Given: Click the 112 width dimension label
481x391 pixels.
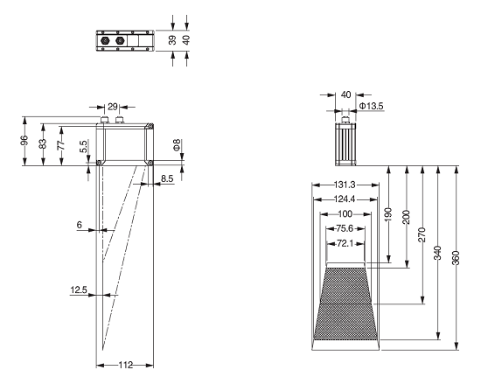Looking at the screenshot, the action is click(x=126, y=365).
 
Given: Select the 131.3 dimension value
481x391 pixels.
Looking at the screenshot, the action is click(x=345, y=185).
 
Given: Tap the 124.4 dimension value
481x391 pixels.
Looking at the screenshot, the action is click(x=345, y=199).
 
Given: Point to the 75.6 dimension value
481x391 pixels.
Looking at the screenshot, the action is click(x=345, y=228).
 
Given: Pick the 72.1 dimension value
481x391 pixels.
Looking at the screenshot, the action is click(x=345, y=244).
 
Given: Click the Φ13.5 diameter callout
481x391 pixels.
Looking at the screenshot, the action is click(x=371, y=106).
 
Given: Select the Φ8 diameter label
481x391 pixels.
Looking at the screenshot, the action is click(x=177, y=145).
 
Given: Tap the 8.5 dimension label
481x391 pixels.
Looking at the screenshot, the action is click(x=167, y=178).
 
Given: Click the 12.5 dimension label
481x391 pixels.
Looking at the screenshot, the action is click(x=79, y=290).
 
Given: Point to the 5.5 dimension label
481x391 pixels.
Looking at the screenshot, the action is click(x=83, y=146).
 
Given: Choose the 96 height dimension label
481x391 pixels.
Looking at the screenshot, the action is click(x=24, y=141).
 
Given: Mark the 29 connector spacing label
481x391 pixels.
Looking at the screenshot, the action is click(x=113, y=107).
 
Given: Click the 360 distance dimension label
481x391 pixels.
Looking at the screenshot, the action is click(x=456, y=257).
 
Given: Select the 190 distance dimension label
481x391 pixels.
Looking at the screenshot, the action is click(x=388, y=214).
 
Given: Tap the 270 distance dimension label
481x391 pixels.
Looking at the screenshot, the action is click(x=422, y=234).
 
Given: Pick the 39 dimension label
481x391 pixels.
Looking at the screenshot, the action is click(x=172, y=40).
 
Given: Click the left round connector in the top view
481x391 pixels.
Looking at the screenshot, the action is click(x=105, y=40).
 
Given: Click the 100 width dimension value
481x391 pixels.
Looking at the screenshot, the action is click(x=345, y=214).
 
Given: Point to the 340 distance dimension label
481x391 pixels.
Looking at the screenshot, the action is click(x=438, y=253).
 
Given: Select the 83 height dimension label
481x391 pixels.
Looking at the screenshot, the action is click(x=43, y=143).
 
